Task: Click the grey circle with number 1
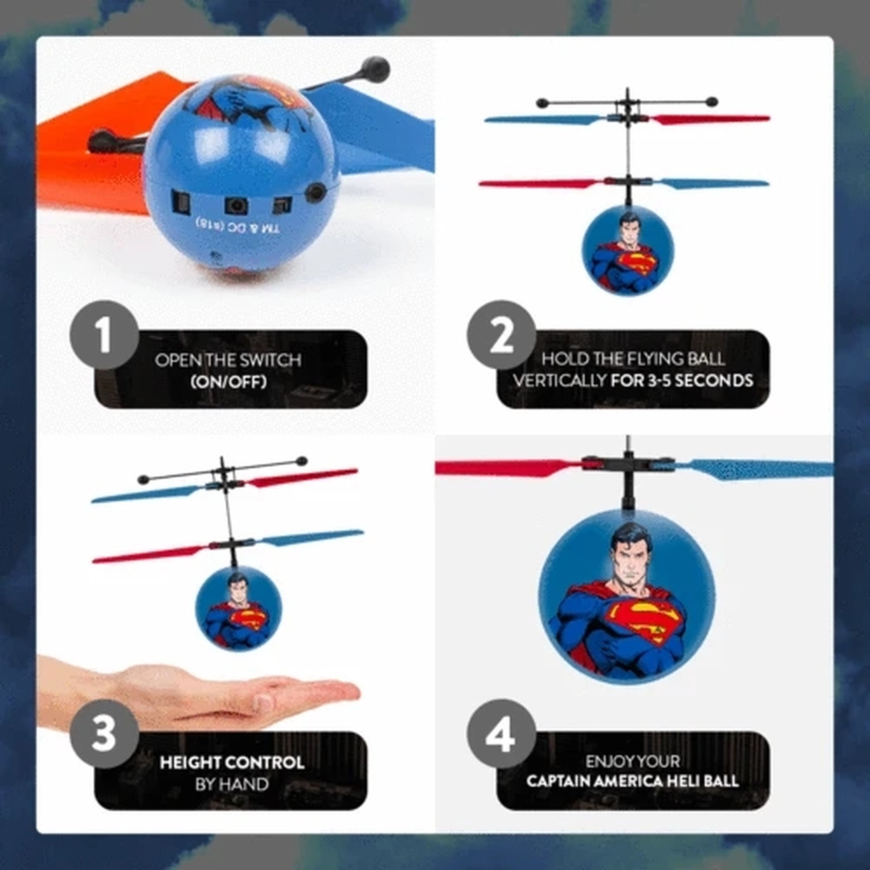pos(104,335)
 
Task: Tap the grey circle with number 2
pos(501,335)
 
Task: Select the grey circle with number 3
pos(104,734)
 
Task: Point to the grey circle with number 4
pos(501,734)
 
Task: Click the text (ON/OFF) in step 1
pos(228,382)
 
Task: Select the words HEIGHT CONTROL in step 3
pos(232,763)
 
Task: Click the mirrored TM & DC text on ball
pos(238,226)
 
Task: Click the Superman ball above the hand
pos(238,608)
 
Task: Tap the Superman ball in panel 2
pos(628,251)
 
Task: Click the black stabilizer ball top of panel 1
pos(375,68)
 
